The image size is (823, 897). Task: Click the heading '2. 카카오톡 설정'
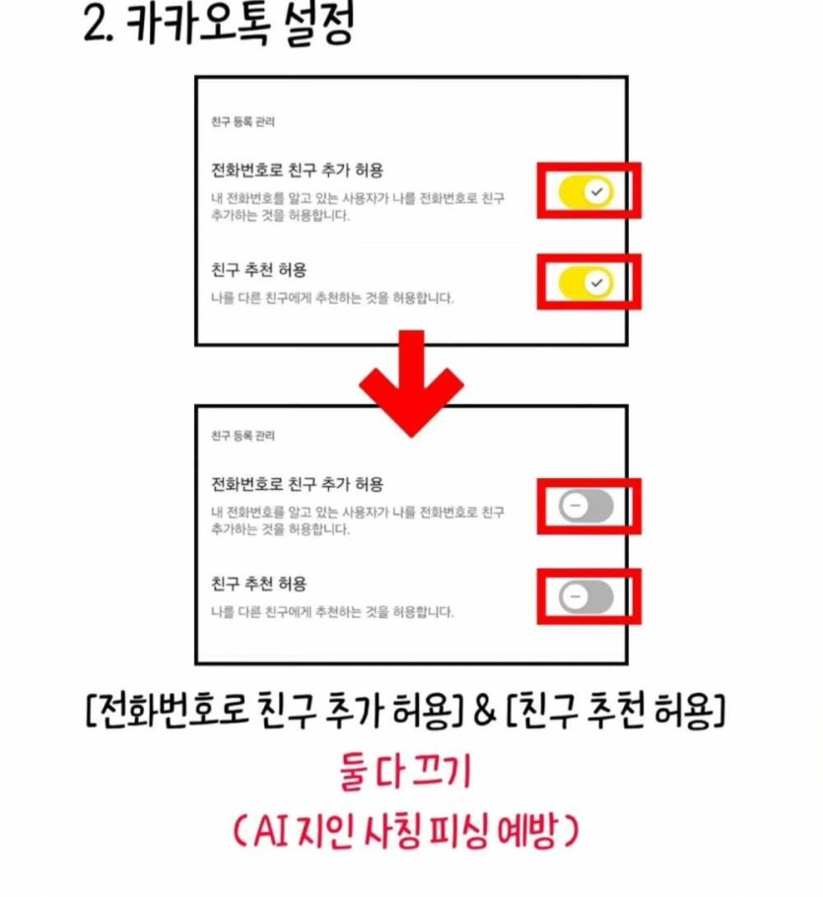pos(219,25)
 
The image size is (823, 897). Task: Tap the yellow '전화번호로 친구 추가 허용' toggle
pos(586,191)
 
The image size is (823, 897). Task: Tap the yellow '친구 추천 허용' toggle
pos(586,283)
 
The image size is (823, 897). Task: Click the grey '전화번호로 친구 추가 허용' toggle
pos(586,506)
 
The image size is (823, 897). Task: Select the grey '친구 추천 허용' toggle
pos(586,596)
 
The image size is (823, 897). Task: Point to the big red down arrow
pos(411,383)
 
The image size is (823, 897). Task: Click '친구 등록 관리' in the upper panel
pos(243,122)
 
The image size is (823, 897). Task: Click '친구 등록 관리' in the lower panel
pos(243,436)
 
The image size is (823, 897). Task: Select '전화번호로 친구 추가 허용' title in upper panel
pos(298,171)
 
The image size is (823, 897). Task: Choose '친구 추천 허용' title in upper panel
pos(259,269)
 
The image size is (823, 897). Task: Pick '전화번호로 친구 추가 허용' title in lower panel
pos(298,485)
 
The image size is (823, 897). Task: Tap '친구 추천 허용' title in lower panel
pos(259,584)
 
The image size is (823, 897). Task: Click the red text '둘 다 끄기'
pos(405,772)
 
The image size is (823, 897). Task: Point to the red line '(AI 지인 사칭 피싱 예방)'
pos(406,831)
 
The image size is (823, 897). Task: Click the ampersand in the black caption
pos(484,711)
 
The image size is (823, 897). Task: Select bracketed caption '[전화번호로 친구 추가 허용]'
pos(274,711)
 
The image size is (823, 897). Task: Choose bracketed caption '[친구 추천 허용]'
pos(616,711)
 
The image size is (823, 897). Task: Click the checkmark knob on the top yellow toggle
pos(597,191)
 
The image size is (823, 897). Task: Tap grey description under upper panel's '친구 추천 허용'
pos(332,298)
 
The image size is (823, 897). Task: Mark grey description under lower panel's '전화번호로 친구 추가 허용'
pos(358,520)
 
